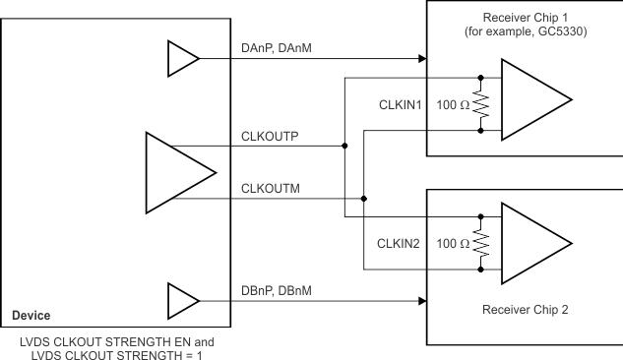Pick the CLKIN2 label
tap(400, 242)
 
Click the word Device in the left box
tap(33, 317)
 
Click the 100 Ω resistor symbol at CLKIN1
tap(480, 102)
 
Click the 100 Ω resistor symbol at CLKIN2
tap(480, 242)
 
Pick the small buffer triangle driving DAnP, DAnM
tap(182, 59)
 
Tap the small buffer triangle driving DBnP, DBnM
tap(182, 298)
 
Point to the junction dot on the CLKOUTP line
tap(344, 146)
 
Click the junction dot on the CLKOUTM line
tap(364, 198)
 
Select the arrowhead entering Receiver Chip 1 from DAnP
tap(420, 59)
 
